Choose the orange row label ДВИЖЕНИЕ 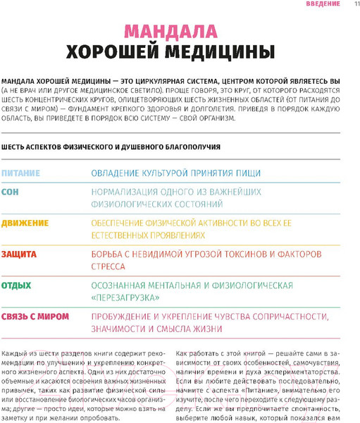(x=25, y=223)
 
